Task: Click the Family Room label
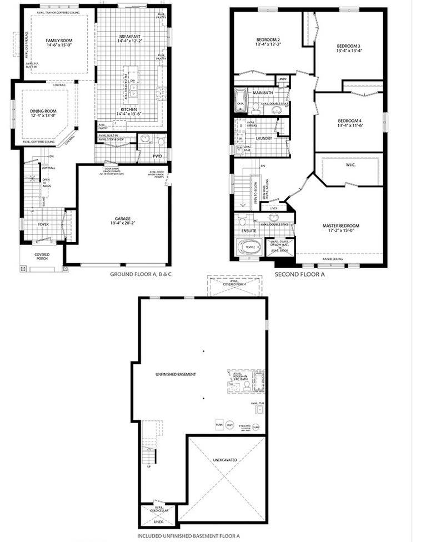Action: (59, 41)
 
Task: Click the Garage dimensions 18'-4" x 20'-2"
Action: (123, 223)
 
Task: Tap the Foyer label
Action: (44, 225)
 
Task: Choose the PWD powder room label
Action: (157, 157)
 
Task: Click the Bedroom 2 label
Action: (268, 39)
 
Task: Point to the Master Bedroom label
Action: (341, 225)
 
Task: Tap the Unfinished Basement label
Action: (176, 374)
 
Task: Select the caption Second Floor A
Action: (300, 274)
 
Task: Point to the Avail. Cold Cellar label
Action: (159, 510)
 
